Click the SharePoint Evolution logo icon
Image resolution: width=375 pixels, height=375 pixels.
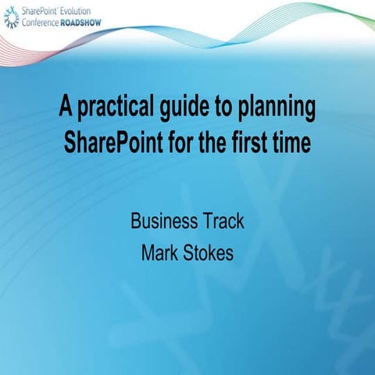pos(11,18)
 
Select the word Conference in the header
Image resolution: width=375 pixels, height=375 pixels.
pos(39,23)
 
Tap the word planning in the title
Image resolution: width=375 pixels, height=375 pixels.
pos(277,109)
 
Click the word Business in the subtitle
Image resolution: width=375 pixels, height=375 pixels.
pos(161,221)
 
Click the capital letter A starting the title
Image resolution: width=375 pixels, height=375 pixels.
pos(65,109)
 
